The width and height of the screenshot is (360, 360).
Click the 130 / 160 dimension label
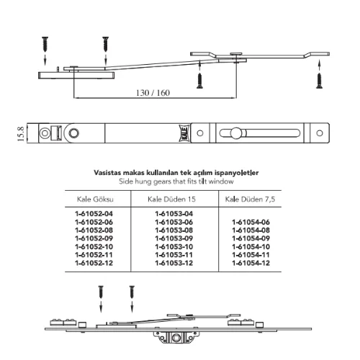coord(153,93)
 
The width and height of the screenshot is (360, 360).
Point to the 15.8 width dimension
coord(21,134)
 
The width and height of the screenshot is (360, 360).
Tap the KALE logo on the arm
coord(184,133)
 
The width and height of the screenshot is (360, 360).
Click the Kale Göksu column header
coord(95,199)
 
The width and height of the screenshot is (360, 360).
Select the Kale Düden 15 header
coord(171,199)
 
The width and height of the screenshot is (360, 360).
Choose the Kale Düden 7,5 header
coord(250,199)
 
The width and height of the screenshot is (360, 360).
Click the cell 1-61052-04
coord(94,214)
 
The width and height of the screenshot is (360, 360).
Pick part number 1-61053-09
coord(174,238)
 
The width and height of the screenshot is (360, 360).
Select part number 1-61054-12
coord(251,263)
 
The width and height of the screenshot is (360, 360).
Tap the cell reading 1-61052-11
coord(94,255)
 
